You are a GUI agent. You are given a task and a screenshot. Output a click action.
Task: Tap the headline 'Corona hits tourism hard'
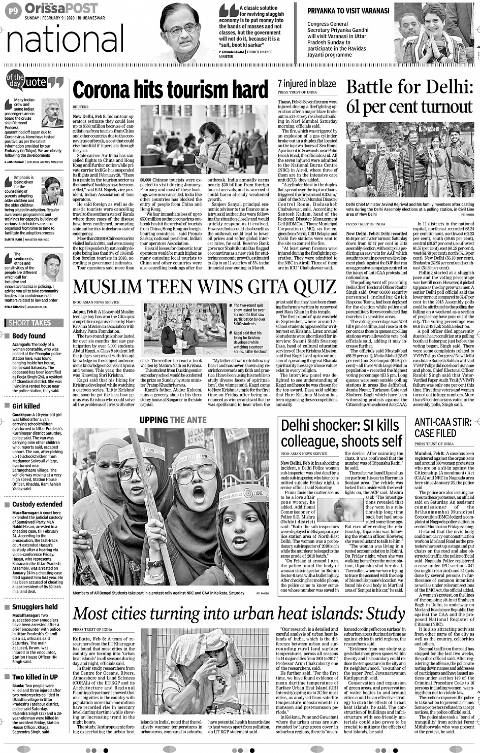[170, 90]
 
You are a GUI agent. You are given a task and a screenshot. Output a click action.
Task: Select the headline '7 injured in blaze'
[306, 84]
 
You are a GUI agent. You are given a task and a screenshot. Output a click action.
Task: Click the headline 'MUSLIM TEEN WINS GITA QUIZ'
[205, 288]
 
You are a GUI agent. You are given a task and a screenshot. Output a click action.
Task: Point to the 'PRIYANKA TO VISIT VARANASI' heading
[348, 11]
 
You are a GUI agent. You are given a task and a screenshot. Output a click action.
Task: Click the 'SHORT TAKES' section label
[30, 323]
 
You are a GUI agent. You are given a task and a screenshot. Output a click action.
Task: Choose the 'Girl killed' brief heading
[26, 406]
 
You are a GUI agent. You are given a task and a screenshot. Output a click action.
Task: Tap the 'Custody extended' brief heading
[37, 504]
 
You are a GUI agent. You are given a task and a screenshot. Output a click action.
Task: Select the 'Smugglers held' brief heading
[35, 607]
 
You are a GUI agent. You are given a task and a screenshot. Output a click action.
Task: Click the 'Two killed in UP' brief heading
[35, 677]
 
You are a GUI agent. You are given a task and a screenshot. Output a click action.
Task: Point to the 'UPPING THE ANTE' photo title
[173, 420]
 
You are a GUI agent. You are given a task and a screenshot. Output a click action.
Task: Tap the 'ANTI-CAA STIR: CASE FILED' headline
[443, 428]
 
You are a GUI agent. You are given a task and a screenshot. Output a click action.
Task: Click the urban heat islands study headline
[239, 614]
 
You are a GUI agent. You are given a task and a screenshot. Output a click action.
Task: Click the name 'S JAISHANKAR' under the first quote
[14, 162]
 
